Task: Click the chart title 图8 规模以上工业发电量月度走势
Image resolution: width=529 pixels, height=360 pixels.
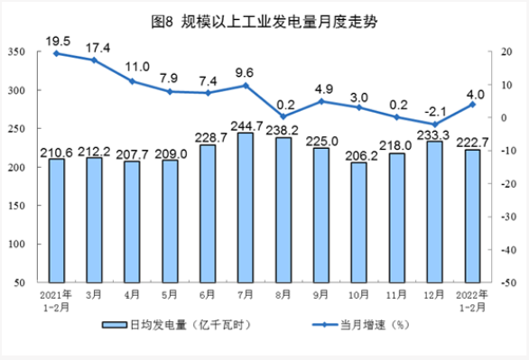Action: tap(264, 19)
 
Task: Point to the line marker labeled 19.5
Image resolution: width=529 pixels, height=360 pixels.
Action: tap(56, 53)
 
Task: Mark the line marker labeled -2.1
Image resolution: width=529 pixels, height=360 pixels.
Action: tap(434, 125)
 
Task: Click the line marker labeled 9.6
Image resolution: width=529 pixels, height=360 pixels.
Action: tap(245, 86)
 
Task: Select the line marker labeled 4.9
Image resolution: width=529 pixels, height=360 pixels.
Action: tap(320, 101)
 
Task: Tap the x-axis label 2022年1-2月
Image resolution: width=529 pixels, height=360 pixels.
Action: tap(472, 300)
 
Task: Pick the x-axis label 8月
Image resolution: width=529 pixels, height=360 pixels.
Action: tap(283, 295)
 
